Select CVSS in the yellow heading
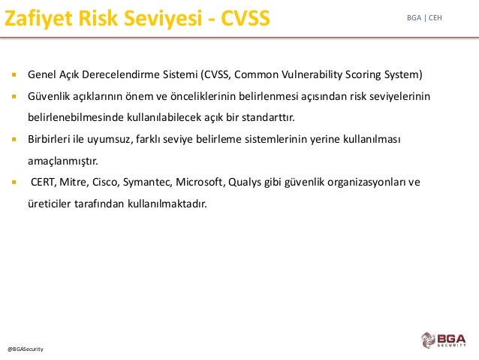tap(246, 18)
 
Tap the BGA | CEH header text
tap(424, 18)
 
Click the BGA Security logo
tap(444, 340)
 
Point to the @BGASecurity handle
tap(26, 349)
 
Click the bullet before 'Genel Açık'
tap(14, 74)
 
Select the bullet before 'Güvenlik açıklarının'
tap(14, 96)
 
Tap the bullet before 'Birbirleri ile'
tap(14, 139)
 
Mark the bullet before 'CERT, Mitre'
tap(14, 183)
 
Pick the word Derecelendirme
tap(120, 74)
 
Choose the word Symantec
tap(148, 183)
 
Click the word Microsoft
tap(200, 182)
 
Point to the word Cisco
tap(106, 182)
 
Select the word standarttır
tap(268, 117)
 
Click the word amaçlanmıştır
tap(63, 161)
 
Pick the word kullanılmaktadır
tap(167, 204)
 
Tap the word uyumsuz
tap(110, 140)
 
